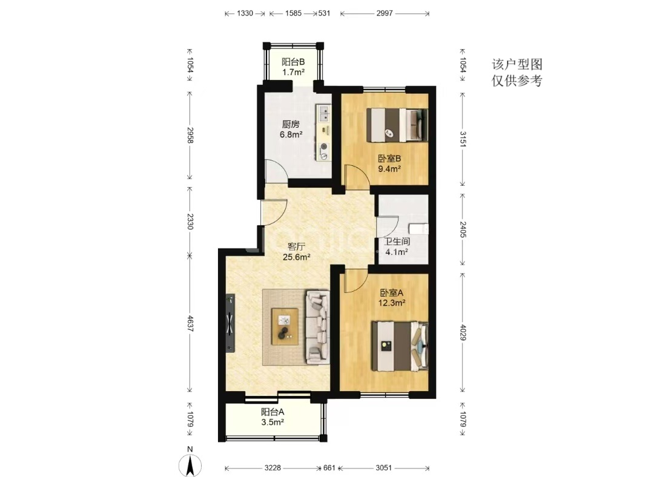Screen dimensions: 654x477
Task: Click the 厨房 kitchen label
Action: pos(291,124)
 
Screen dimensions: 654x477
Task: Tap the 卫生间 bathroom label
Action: pos(397,242)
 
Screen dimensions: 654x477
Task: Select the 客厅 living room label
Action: pos(296,246)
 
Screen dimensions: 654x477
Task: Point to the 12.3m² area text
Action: pos(392,303)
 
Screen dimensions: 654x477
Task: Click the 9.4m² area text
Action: pos(389,169)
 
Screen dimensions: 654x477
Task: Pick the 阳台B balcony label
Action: pos(293,62)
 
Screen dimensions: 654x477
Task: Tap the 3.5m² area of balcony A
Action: pos(272,422)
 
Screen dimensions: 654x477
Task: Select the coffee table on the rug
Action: pos(285,326)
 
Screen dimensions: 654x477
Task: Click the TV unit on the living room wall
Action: pos(230,323)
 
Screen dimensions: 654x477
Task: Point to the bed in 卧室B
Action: pos(397,125)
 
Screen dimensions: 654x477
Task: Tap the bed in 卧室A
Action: pos(400,346)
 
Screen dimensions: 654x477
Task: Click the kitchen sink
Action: pos(323,113)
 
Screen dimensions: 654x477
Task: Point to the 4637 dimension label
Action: pos(190,324)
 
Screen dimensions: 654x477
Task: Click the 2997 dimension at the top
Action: pos(385,13)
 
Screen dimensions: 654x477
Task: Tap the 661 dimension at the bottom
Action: pos(329,468)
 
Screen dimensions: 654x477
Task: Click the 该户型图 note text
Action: pos(517,64)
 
